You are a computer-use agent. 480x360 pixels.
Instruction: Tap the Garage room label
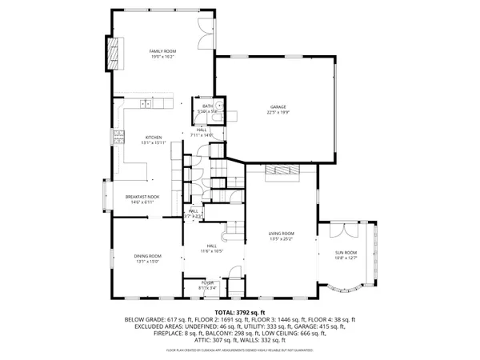[278, 106]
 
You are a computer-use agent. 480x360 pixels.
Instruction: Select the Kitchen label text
[153, 137]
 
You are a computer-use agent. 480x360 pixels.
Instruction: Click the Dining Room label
[147, 255]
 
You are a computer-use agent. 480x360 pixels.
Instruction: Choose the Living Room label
[281, 233]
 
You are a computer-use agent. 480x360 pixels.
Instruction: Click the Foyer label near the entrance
[207, 282]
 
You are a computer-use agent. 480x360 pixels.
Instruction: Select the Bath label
[206, 106]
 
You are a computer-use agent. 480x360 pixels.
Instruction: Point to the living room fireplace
[282, 170]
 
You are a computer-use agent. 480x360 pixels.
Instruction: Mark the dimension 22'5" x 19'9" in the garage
[278, 113]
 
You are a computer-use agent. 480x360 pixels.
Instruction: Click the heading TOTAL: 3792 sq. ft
[239, 312]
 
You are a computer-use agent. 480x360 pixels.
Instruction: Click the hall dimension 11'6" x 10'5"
[211, 251]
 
